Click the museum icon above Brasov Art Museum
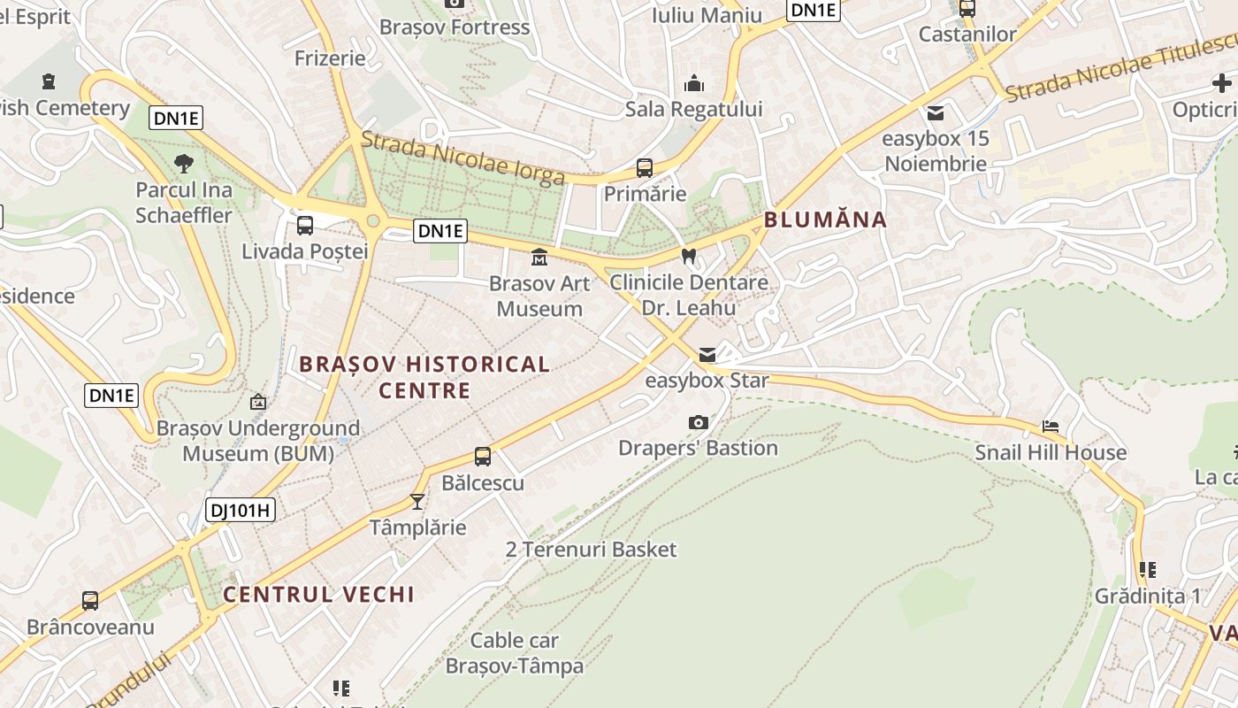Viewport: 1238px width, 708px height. tap(539, 258)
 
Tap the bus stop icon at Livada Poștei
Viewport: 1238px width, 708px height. tap(305, 225)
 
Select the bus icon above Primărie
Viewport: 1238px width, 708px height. tap(645, 167)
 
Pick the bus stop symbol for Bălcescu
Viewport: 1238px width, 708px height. tap(483, 457)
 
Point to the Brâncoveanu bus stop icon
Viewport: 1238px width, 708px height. tap(90, 601)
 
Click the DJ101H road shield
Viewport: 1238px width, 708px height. tap(241, 510)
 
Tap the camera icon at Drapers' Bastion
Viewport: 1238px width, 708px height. tap(699, 422)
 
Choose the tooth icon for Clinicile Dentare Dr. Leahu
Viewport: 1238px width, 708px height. tap(689, 257)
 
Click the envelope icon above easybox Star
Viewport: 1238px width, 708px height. tap(707, 355)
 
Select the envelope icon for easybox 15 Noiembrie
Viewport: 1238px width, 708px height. tap(936, 113)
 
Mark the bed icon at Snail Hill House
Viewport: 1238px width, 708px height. tap(1051, 427)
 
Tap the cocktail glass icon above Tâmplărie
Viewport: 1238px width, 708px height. tap(417, 502)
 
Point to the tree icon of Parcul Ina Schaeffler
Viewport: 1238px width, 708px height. tap(184, 164)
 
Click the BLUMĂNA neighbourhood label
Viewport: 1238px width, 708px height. tap(825, 219)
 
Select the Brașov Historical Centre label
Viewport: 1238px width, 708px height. tap(424, 377)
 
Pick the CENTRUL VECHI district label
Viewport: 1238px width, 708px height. tap(318, 594)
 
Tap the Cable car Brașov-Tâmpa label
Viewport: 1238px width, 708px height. tap(514, 653)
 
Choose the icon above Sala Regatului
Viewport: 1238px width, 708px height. tap(694, 83)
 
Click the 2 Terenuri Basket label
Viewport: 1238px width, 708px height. tap(591, 550)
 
